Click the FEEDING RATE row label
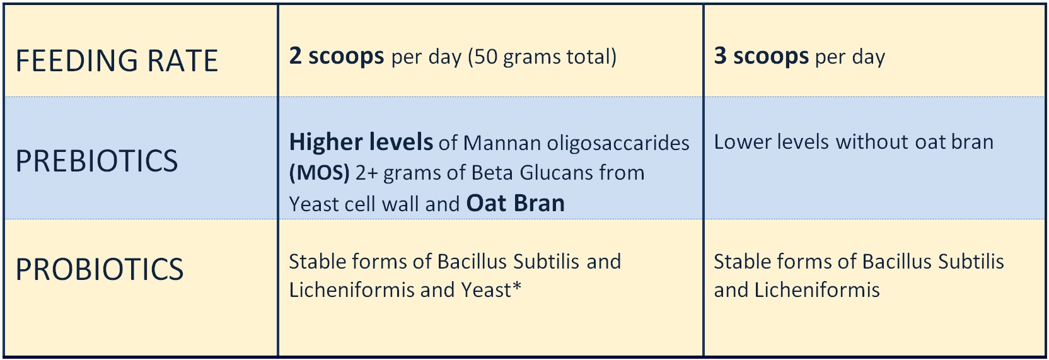[117, 61]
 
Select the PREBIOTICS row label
[97, 161]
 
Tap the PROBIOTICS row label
[100, 269]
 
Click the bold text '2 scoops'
[337, 57]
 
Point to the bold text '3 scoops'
[762, 57]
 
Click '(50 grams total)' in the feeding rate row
[542, 57]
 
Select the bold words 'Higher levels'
[361, 142]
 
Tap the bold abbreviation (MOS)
[320, 173]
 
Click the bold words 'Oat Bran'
[516, 203]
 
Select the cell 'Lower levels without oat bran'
[853, 142]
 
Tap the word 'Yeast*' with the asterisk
[491, 290]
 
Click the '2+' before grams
[367, 173]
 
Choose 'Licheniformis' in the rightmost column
[817, 290]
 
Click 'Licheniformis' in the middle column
[352, 290]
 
